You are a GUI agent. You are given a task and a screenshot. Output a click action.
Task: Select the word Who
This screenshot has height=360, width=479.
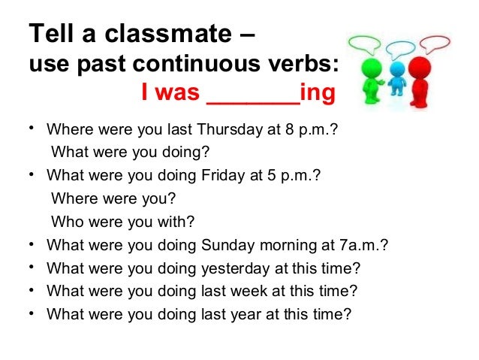(65, 222)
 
